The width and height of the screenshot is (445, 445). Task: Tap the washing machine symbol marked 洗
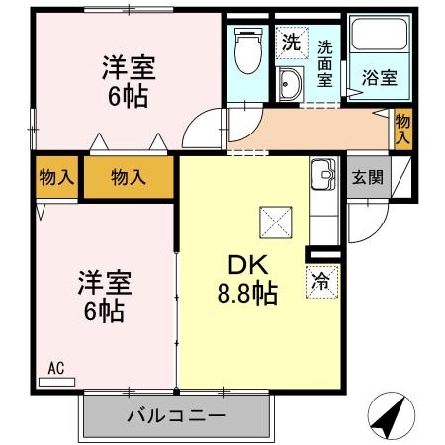pyautogui.click(x=290, y=44)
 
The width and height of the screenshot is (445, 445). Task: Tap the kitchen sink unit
pyautogui.click(x=323, y=178)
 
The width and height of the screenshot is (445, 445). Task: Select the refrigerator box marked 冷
pyautogui.click(x=321, y=281)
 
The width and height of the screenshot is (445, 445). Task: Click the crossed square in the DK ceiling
pyautogui.click(x=274, y=221)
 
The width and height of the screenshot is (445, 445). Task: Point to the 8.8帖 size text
pyautogui.click(x=247, y=294)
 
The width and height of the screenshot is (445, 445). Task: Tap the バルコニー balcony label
pyautogui.click(x=176, y=415)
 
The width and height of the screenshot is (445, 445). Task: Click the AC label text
pyautogui.click(x=56, y=368)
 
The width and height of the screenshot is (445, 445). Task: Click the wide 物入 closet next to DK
pyautogui.click(x=129, y=178)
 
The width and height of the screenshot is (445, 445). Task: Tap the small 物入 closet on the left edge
pyautogui.click(x=56, y=178)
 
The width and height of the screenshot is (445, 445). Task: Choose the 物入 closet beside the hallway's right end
pyautogui.click(x=402, y=129)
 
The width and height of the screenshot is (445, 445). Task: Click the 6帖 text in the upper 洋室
pyautogui.click(x=130, y=98)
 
